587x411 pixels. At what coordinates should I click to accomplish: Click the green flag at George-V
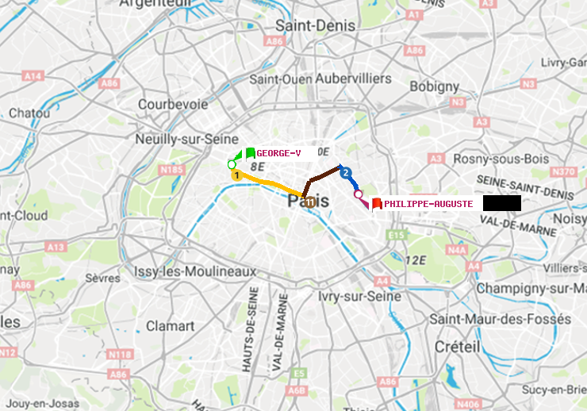click(x=250, y=153)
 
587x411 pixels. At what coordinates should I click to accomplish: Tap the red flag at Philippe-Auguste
click(x=377, y=204)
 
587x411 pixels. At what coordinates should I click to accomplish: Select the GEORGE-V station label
click(x=278, y=153)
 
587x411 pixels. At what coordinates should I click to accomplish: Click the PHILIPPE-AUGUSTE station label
click(x=428, y=204)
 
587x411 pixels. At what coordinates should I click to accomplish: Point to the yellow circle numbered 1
click(x=236, y=175)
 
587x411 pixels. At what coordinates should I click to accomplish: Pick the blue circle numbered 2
click(x=345, y=171)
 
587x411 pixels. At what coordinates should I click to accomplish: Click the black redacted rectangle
click(x=501, y=203)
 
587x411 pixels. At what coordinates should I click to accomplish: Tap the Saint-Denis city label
click(x=315, y=25)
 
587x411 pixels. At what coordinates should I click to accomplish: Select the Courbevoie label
click(x=173, y=104)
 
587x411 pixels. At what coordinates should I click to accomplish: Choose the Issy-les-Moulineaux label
click(x=195, y=271)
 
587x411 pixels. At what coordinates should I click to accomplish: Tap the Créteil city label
click(x=457, y=347)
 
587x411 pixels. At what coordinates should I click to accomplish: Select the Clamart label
click(x=170, y=326)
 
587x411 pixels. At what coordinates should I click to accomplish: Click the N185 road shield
click(x=172, y=169)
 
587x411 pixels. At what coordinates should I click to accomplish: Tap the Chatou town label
click(x=29, y=113)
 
